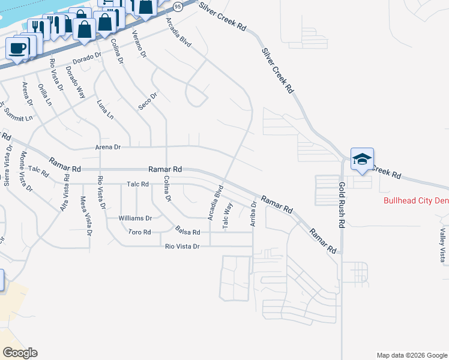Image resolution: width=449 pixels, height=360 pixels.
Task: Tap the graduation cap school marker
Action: pyautogui.click(x=362, y=159)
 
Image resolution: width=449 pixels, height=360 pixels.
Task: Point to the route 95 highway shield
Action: pyautogui.click(x=177, y=5)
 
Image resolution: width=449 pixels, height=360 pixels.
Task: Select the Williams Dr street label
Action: pyautogui.click(x=135, y=218)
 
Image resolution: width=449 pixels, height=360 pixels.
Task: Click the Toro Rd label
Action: pyautogui.click(x=139, y=232)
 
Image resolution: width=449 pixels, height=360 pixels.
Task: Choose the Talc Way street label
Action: pyautogui.click(x=227, y=215)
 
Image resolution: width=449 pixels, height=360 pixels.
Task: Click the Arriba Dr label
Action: pyautogui.click(x=253, y=212)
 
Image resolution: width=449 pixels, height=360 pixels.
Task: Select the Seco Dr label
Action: pyautogui.click(x=148, y=100)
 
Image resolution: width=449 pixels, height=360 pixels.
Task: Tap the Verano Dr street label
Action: pyautogui.click(x=139, y=43)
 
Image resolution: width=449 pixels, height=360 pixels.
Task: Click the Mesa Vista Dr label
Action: pyautogui.click(x=85, y=215)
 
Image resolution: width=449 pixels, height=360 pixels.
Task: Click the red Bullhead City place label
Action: pyautogui.click(x=415, y=200)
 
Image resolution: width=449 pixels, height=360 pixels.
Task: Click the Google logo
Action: pyautogui.click(x=20, y=352)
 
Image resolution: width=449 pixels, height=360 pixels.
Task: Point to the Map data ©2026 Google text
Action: pyautogui.click(x=411, y=355)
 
